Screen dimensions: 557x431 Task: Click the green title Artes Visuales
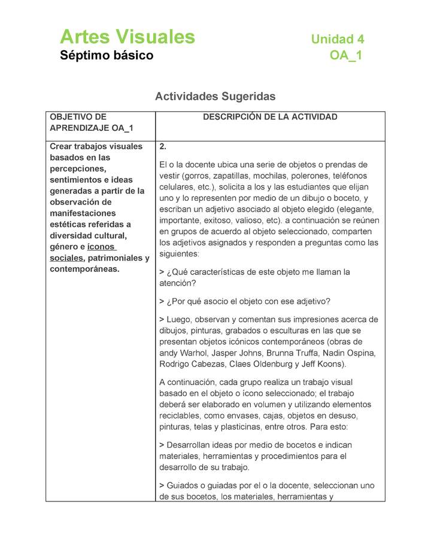(x=127, y=37)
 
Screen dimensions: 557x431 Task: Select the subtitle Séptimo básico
(x=106, y=56)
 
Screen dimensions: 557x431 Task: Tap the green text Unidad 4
(x=337, y=39)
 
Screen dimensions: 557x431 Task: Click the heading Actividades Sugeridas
(x=215, y=96)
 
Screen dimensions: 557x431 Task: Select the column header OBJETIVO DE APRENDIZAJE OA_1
(x=92, y=123)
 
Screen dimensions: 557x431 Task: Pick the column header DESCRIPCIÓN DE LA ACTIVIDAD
(x=270, y=117)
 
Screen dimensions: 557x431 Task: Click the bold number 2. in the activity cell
(x=163, y=147)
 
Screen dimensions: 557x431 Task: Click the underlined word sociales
(x=66, y=258)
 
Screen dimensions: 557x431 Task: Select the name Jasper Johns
(x=254, y=353)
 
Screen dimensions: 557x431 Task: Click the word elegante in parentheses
(x=356, y=209)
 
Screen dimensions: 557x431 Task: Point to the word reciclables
(x=184, y=416)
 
